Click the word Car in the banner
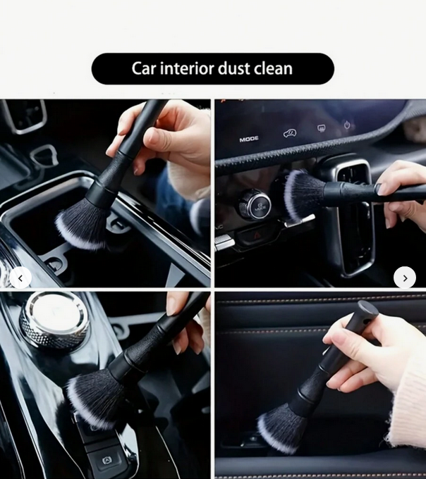click(144, 68)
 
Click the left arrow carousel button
click(20, 278)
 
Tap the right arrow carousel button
click(405, 278)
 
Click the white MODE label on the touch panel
click(249, 139)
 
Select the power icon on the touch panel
click(347, 125)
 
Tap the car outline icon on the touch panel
click(290, 133)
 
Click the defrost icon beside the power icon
click(321, 128)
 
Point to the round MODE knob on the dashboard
click(255, 204)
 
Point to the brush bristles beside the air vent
click(303, 194)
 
